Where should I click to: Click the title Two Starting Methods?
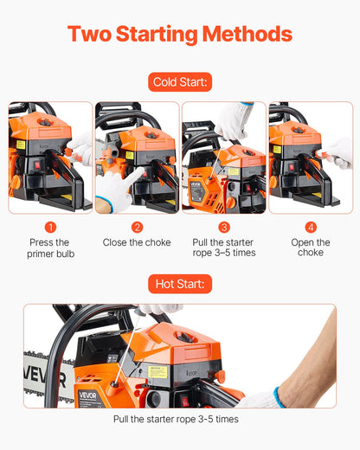[x=179, y=35]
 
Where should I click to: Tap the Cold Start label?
[x=180, y=83]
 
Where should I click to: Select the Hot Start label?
[x=180, y=283]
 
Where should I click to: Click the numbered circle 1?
[x=49, y=227]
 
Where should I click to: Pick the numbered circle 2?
[x=137, y=227]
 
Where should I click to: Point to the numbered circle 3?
[x=224, y=227]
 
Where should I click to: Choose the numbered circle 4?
[x=311, y=227]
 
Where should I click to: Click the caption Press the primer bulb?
[x=49, y=247]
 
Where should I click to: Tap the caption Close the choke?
[x=137, y=243]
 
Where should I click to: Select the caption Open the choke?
[x=311, y=247]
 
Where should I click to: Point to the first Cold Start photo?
[x=49, y=157]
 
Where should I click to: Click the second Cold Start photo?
[x=137, y=157]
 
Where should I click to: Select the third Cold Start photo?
[x=224, y=157]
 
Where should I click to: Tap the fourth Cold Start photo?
[x=311, y=157]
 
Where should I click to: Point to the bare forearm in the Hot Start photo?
[x=312, y=363]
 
